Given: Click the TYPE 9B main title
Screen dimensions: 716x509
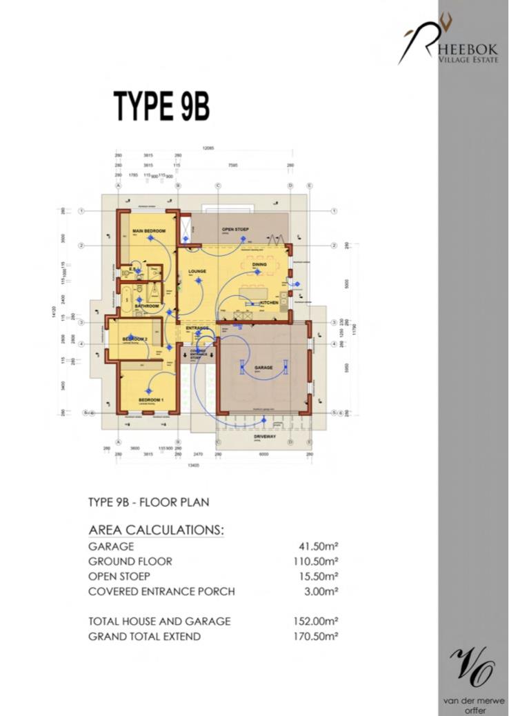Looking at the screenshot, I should pos(161,106).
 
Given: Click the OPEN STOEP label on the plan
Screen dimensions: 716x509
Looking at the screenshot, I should pos(235,229).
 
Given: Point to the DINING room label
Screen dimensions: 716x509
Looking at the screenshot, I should pos(259,264).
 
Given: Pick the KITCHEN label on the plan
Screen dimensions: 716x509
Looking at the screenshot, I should pos(269,303).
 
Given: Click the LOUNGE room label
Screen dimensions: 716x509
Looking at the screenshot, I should pos(197,272).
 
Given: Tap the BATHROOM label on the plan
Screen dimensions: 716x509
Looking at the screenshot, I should pos(147,306).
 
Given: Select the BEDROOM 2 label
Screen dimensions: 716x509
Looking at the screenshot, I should pos(136,339).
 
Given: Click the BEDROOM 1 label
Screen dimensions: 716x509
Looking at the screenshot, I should pos(150,400).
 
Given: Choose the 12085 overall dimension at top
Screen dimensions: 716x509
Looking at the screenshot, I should pos(208,148).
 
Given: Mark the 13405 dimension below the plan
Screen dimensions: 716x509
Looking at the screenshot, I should pos(215,465).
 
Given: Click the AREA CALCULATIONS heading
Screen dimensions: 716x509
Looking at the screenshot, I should pos(157,530).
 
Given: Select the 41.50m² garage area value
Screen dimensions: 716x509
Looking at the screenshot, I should pos(316,546).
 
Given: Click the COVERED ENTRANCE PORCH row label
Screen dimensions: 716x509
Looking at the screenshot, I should pos(161,592).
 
